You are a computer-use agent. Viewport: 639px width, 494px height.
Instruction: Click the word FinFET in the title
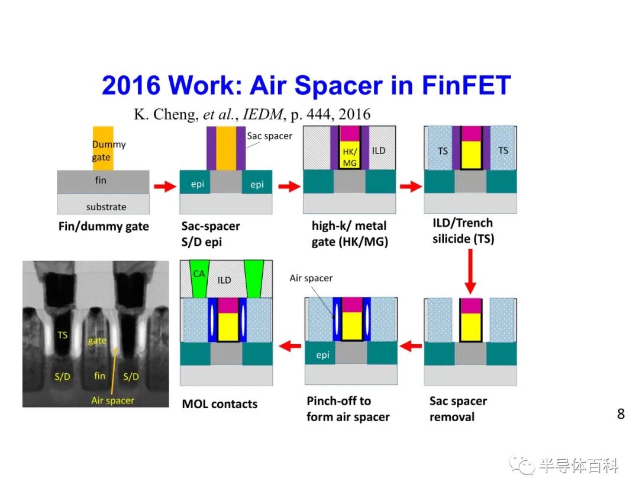[x=466, y=85]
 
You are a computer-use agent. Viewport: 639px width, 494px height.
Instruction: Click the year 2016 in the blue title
[x=131, y=85]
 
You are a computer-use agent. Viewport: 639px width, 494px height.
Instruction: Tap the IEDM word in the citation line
[x=263, y=114]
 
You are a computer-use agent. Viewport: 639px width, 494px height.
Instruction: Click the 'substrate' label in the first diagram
[x=106, y=207]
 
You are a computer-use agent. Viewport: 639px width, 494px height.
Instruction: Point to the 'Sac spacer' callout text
[x=269, y=136]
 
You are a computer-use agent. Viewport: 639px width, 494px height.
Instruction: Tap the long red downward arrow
[x=470, y=271]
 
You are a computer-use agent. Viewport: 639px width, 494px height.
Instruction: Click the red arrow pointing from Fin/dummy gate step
[x=165, y=187]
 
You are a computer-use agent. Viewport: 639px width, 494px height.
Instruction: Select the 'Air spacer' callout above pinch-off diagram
[x=311, y=278]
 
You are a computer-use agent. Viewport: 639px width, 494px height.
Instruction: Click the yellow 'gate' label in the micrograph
[x=97, y=341]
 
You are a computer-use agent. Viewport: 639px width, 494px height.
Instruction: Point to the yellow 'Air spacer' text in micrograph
[x=112, y=400]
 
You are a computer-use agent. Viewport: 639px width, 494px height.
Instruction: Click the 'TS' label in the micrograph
[x=62, y=335]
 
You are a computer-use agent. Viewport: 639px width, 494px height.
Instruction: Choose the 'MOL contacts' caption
[x=220, y=404]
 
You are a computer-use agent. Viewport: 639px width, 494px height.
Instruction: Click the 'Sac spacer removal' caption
[x=458, y=409]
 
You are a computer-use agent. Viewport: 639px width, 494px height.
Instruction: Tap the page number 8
[x=621, y=414]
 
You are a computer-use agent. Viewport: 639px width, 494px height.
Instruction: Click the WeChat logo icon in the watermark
[x=522, y=465]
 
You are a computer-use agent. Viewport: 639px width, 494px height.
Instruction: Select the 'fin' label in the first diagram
[x=101, y=180]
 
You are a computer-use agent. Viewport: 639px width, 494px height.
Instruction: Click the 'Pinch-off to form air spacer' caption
[x=348, y=409]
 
